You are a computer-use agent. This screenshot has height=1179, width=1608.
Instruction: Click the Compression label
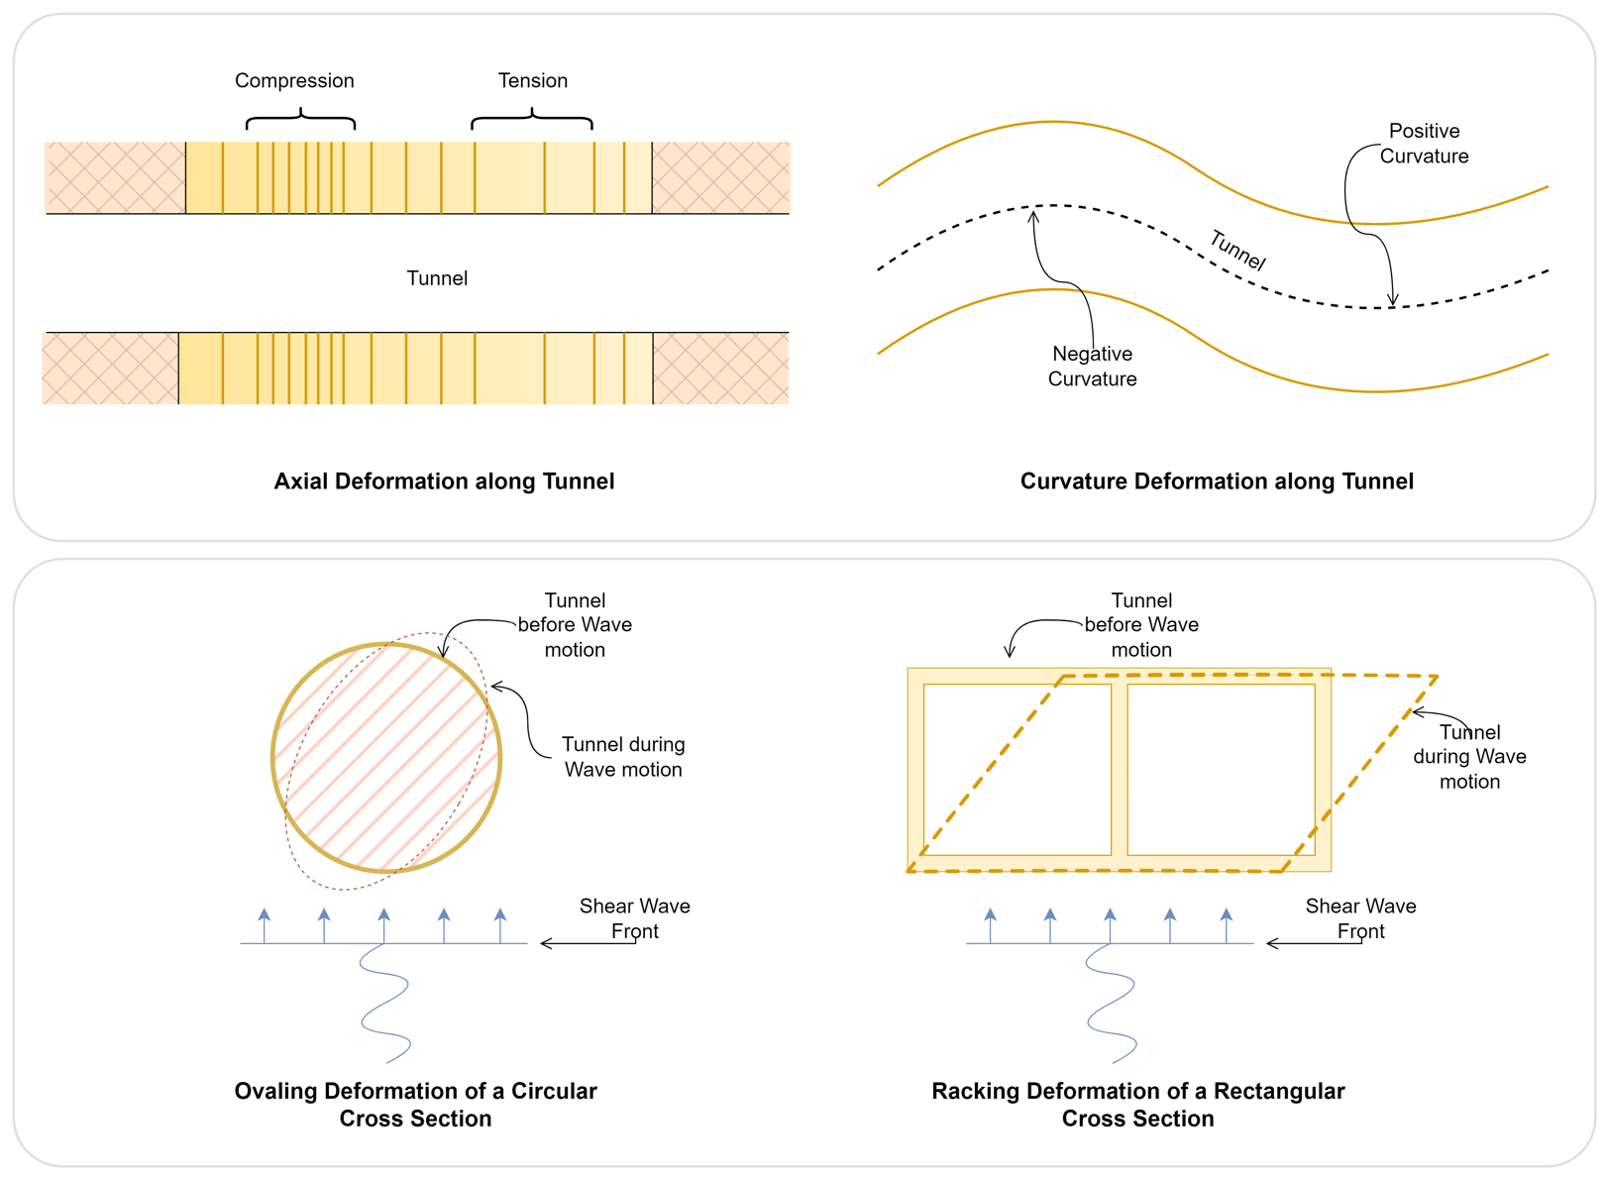tap(294, 81)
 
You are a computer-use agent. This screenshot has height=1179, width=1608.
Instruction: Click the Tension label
tap(532, 81)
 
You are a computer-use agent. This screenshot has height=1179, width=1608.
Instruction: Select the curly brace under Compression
tap(300, 121)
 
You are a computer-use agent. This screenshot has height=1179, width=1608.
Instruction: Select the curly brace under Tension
tap(532, 121)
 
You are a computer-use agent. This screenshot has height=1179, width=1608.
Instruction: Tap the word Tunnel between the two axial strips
tap(437, 278)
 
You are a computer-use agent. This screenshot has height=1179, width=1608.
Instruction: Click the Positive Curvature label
tap(1424, 144)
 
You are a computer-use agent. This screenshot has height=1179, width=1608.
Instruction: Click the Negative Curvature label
tap(1092, 367)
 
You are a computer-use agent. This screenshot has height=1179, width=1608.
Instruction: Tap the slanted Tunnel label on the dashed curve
tap(1237, 251)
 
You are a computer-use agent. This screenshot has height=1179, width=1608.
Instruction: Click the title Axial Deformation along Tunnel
tap(444, 482)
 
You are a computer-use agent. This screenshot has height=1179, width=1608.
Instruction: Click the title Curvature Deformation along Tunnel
tap(1217, 482)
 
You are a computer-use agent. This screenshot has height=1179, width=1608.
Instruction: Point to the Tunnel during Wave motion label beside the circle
tap(623, 757)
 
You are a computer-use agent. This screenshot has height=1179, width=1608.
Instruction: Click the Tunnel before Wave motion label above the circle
tap(575, 625)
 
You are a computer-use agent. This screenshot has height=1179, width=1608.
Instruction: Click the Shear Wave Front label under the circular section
tap(634, 918)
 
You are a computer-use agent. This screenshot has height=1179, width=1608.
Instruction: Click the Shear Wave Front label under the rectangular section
tap(1360, 918)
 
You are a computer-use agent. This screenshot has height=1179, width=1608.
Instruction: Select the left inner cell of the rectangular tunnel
tap(1018, 770)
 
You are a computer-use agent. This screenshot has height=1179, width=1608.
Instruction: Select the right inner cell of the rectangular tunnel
tap(1221, 770)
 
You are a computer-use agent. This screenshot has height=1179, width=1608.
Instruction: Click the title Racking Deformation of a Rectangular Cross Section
tap(1137, 1105)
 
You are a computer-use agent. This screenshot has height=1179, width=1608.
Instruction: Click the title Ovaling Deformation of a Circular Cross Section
tap(415, 1105)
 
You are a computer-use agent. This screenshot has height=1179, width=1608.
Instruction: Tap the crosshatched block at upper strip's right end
tap(721, 177)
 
